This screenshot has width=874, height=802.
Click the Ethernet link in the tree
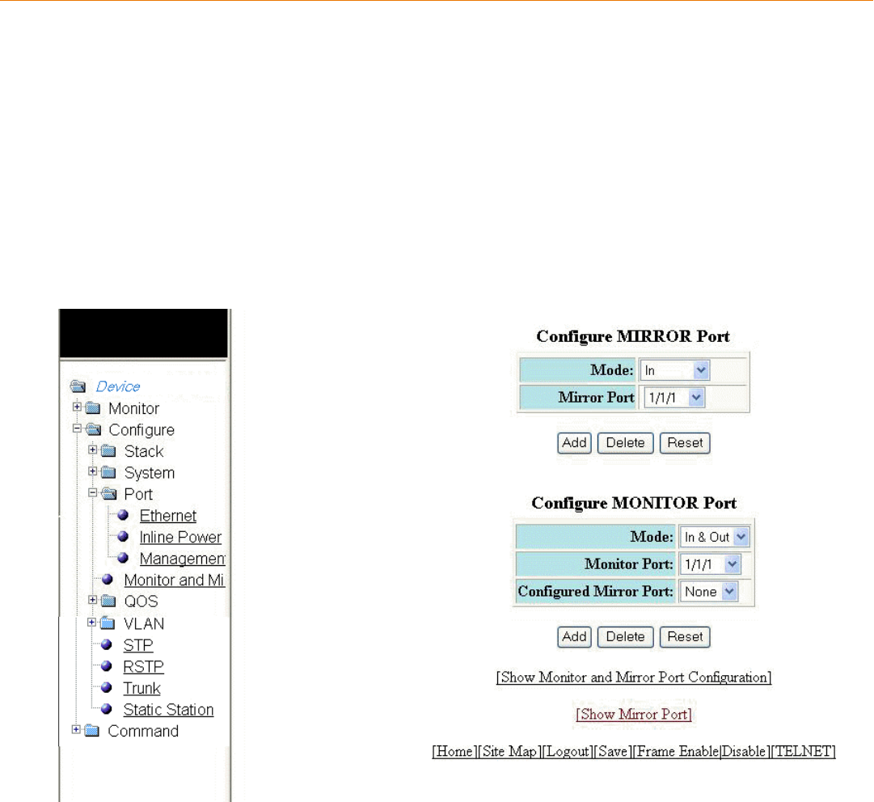167,516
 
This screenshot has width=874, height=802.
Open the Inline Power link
180,538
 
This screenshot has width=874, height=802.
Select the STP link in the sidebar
137,645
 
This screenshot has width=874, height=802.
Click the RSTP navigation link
143,667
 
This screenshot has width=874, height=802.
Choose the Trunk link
141,688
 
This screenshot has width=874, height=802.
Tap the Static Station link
168,710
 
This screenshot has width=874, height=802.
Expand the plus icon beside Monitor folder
78,407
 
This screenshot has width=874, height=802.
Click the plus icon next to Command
77,730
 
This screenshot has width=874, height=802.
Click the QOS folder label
141,601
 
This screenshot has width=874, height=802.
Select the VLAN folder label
144,623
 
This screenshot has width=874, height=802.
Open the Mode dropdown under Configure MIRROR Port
674,370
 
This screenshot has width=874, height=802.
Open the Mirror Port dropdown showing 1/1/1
674,397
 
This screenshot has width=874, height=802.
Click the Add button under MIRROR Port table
574,443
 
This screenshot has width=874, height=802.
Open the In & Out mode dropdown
716,537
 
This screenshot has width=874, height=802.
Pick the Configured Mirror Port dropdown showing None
708,592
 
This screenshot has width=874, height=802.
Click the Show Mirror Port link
633,715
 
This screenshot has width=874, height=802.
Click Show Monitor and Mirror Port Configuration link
633,677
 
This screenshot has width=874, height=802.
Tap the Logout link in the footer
567,752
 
